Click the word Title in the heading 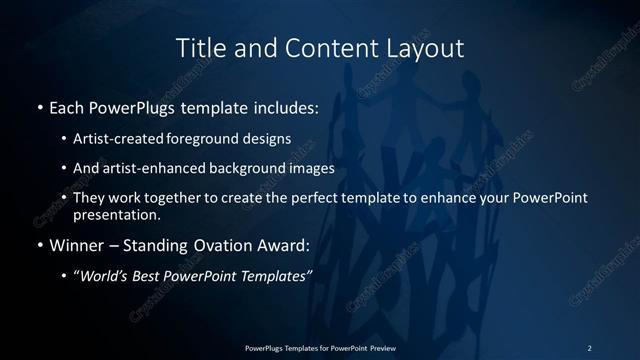tap(199, 48)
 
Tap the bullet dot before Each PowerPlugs tap(39, 106)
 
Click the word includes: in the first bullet tap(282, 106)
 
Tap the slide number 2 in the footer tap(589, 347)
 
